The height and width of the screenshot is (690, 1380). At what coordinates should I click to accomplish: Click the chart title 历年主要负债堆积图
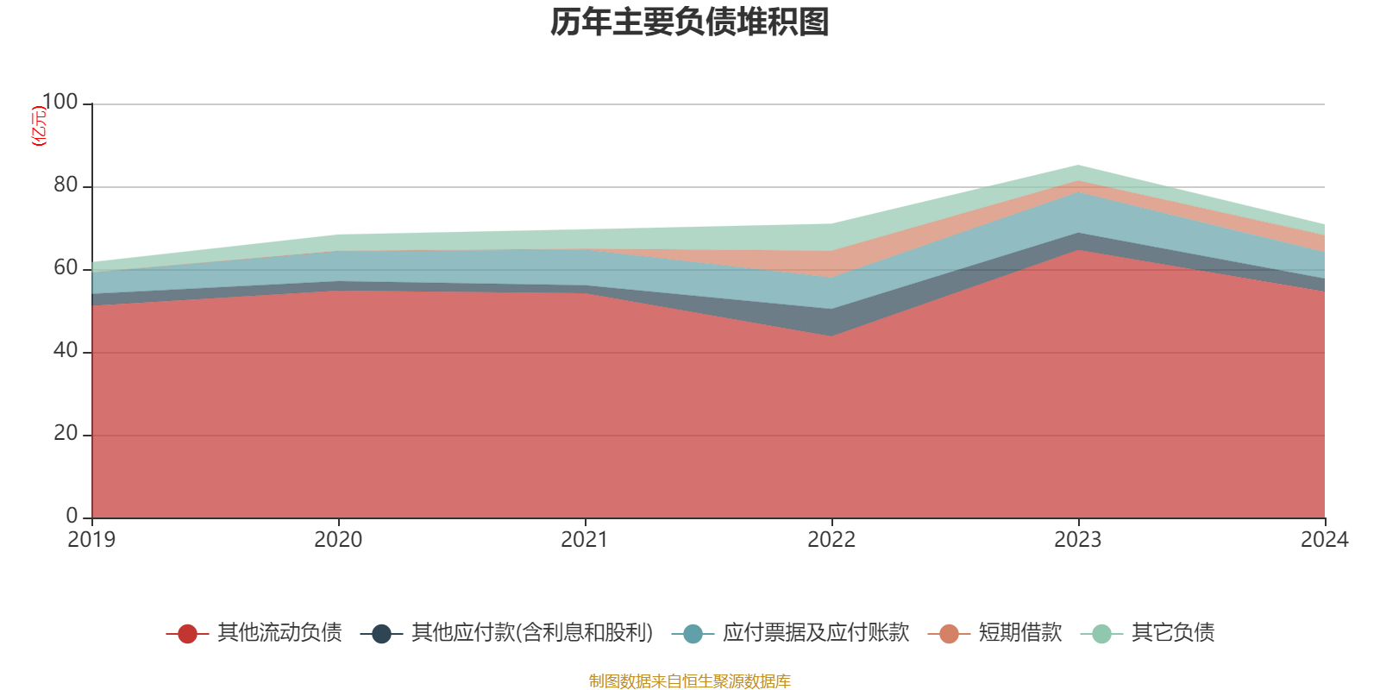(x=690, y=22)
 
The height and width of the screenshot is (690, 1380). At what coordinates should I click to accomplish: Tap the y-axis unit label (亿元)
(x=38, y=126)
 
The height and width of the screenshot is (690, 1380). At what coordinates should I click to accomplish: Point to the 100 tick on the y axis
(x=60, y=103)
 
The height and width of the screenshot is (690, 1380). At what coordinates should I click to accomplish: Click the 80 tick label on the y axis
(x=65, y=185)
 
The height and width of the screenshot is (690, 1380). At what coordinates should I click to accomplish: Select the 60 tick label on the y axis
(x=65, y=268)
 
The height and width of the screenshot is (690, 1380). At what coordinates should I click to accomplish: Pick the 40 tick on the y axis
(x=65, y=351)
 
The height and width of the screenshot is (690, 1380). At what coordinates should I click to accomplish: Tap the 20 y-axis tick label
(x=65, y=434)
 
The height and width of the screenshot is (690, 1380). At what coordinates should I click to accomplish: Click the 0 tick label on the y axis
(x=72, y=516)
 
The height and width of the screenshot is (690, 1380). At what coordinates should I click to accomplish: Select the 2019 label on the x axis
(x=91, y=540)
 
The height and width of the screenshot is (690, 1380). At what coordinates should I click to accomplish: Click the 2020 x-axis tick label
(x=338, y=540)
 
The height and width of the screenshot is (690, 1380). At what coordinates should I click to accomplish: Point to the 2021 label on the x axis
(x=585, y=540)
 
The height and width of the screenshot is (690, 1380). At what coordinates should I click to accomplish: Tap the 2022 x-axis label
(x=831, y=540)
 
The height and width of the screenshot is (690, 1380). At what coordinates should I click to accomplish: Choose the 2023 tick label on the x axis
(x=1078, y=540)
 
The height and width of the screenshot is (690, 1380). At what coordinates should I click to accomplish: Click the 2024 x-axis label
(x=1324, y=540)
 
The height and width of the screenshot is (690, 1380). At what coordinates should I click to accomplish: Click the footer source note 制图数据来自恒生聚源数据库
(x=690, y=681)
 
